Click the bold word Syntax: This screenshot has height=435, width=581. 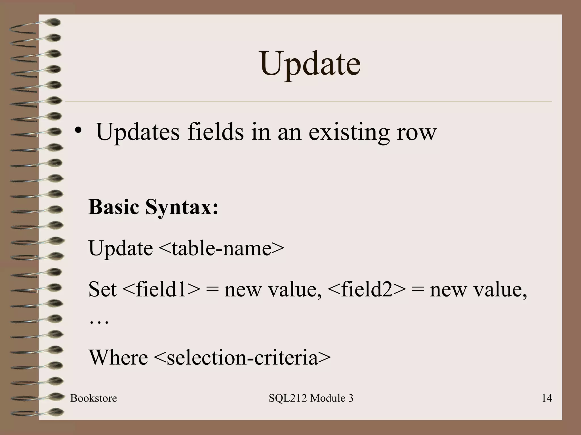182,208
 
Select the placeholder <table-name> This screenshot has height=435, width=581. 221,248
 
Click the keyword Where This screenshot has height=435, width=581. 118,357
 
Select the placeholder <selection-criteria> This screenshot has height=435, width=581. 242,357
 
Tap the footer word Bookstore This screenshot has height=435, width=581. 94,398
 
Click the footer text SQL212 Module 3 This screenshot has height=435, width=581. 311,398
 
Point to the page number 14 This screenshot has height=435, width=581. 547,398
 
